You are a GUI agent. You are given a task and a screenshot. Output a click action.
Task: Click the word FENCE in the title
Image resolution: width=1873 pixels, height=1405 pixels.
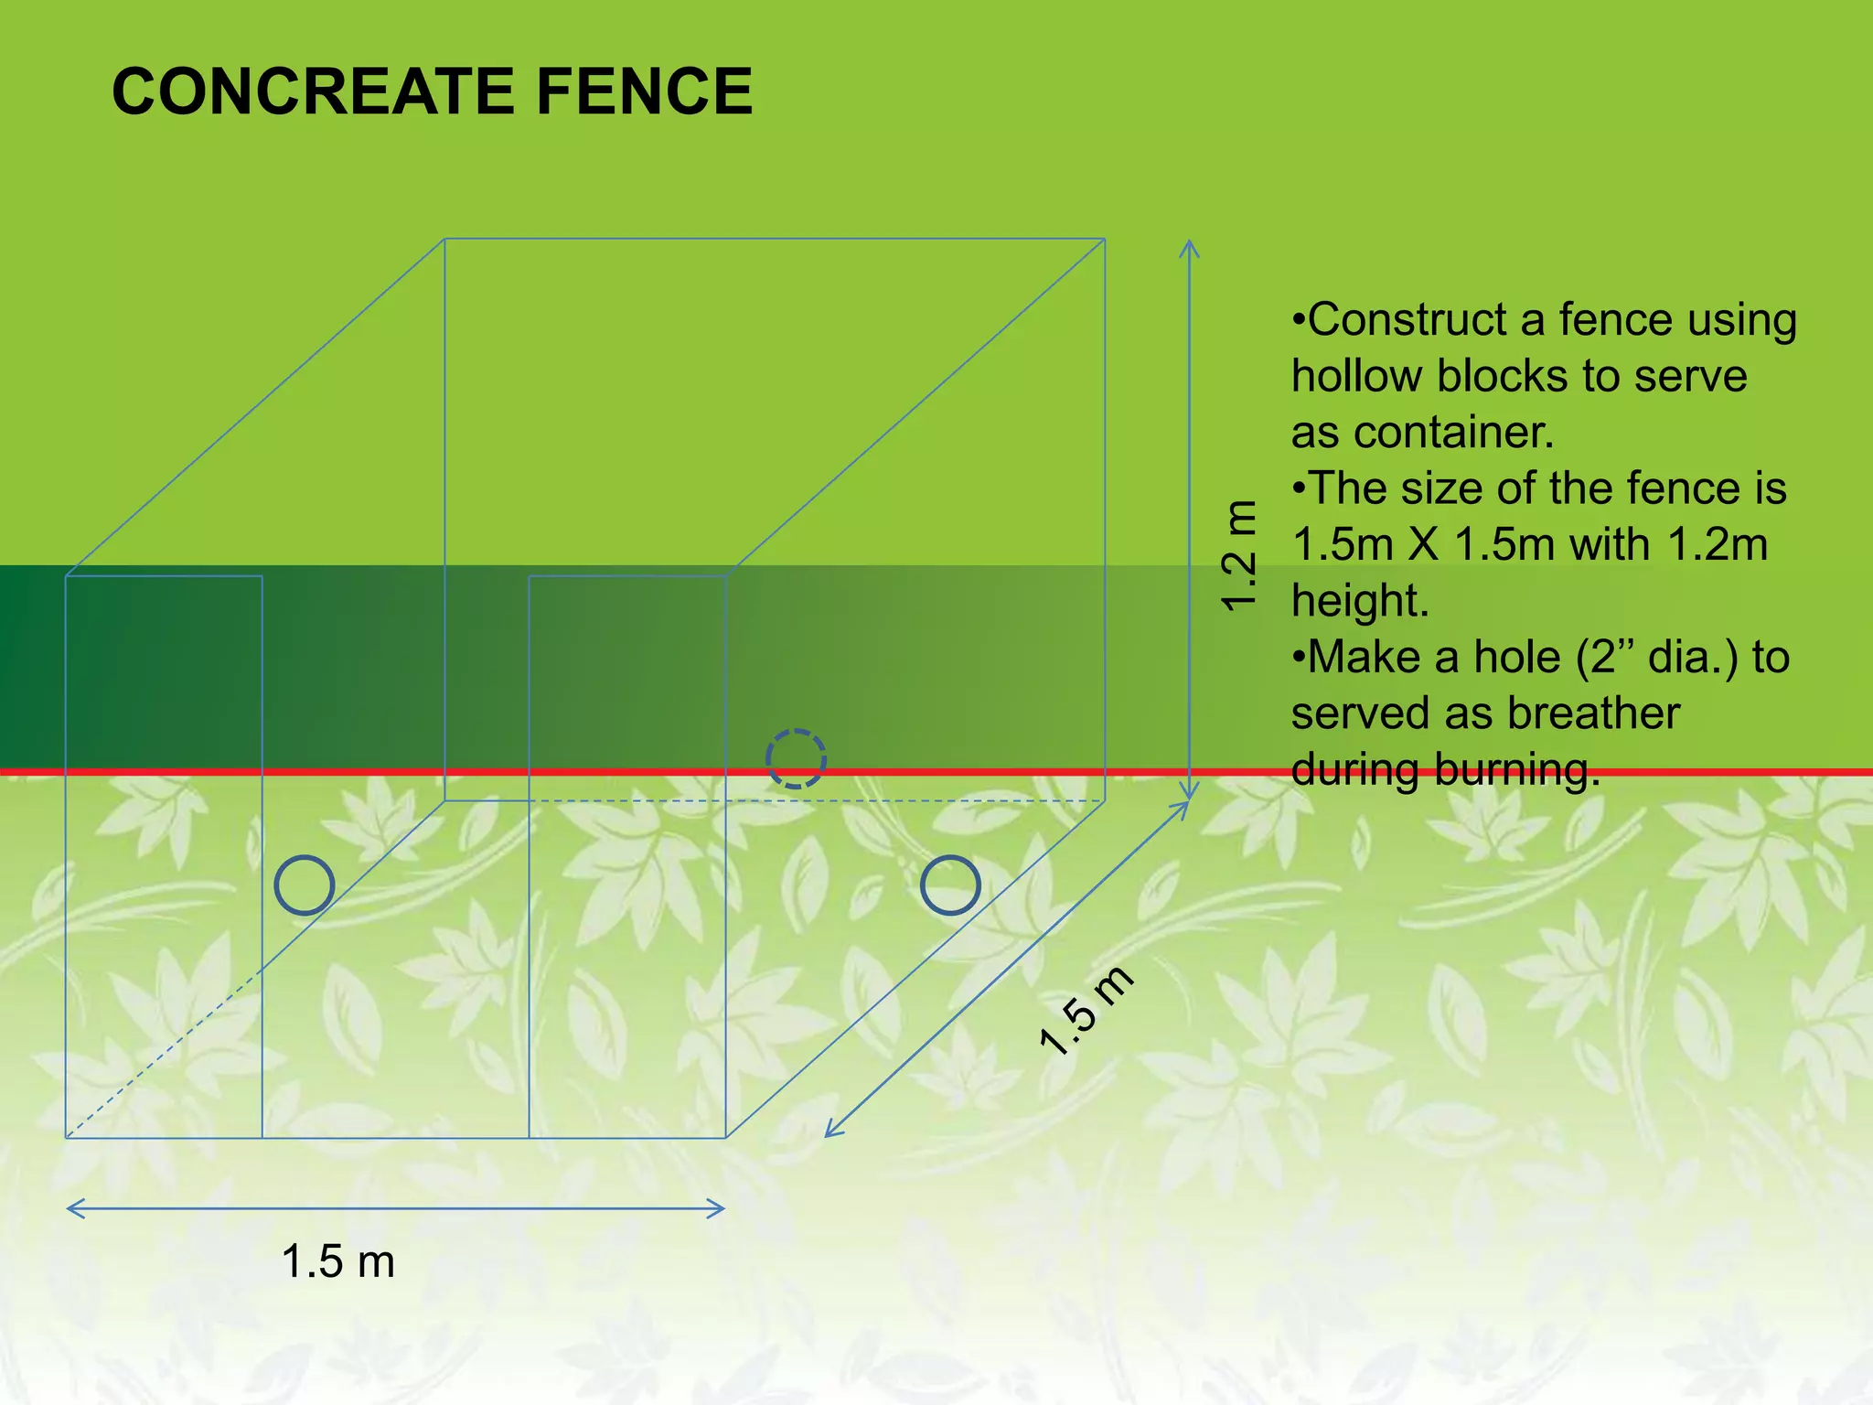644,91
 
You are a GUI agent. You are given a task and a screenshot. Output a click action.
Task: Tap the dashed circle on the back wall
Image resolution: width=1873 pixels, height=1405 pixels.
796,758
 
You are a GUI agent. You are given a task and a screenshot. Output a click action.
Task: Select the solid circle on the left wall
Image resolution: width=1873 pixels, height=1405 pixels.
305,885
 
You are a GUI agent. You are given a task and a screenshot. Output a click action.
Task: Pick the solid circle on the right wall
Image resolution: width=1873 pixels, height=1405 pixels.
950,885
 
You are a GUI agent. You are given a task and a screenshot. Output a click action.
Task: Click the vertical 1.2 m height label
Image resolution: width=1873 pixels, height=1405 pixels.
1240,556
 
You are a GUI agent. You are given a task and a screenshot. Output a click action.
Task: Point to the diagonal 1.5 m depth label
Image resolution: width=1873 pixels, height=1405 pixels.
1086,1012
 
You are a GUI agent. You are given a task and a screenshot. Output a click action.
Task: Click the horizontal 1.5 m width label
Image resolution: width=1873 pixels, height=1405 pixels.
337,1261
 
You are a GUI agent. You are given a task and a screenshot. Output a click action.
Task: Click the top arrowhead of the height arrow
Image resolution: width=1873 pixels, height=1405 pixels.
1189,245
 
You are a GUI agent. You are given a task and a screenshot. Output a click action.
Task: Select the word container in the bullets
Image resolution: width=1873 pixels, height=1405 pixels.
1454,433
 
